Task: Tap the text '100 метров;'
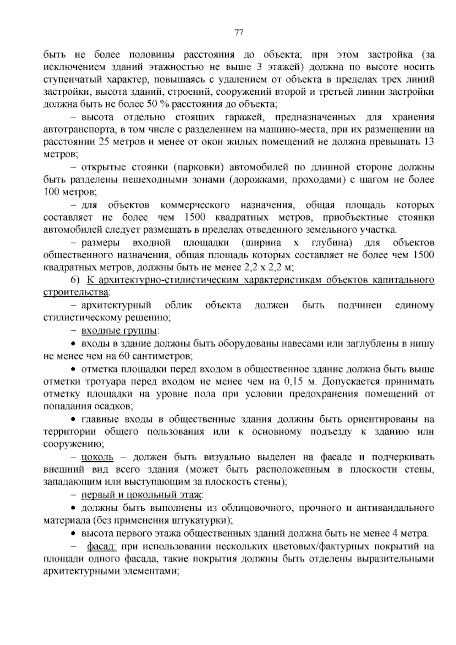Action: click(70, 192)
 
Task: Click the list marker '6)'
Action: click(75, 280)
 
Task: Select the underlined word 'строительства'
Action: click(76, 293)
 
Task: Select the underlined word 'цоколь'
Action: click(97, 457)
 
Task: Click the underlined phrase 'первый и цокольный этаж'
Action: click(142, 495)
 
